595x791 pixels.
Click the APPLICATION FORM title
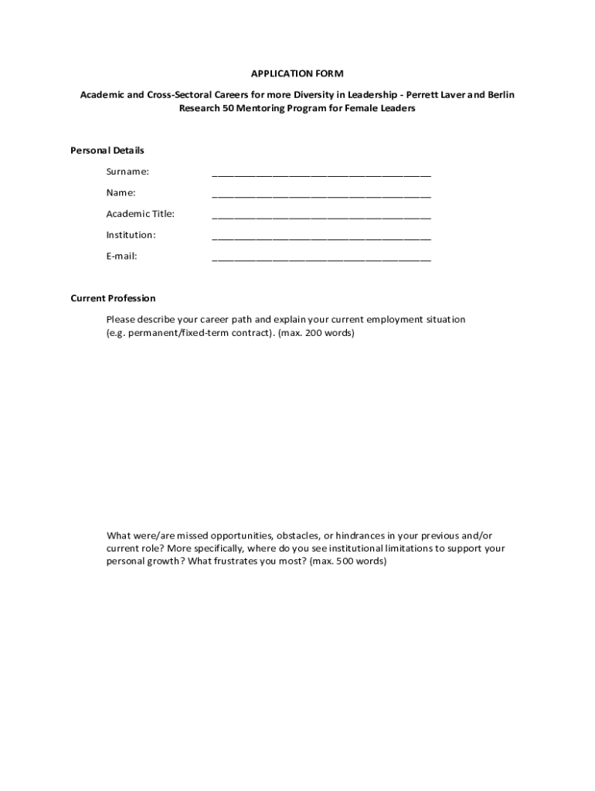click(x=297, y=73)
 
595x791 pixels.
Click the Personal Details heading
click(x=107, y=150)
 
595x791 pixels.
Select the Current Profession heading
click(x=113, y=298)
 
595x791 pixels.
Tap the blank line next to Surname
click(x=321, y=173)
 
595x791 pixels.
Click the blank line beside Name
click(x=321, y=194)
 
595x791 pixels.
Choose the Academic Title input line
click(x=321, y=216)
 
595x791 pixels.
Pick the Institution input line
click(x=321, y=236)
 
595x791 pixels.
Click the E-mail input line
click(x=321, y=258)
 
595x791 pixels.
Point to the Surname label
click(x=127, y=171)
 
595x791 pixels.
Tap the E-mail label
click(x=121, y=256)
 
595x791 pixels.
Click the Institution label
click(x=131, y=235)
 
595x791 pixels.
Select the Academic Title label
click(x=141, y=214)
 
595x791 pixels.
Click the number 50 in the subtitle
click(x=228, y=109)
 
